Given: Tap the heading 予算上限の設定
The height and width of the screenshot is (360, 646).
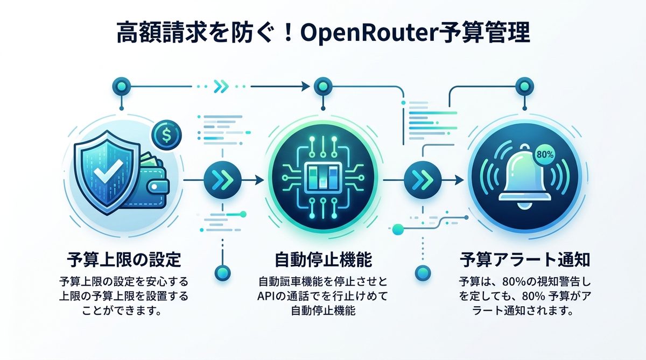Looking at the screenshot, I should coord(124,260).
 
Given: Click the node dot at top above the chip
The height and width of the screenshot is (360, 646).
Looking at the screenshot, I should coord(322,86).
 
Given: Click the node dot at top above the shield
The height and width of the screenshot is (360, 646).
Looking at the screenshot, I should coord(120,86).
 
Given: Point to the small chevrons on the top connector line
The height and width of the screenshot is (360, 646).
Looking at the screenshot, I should coord(221,86).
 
